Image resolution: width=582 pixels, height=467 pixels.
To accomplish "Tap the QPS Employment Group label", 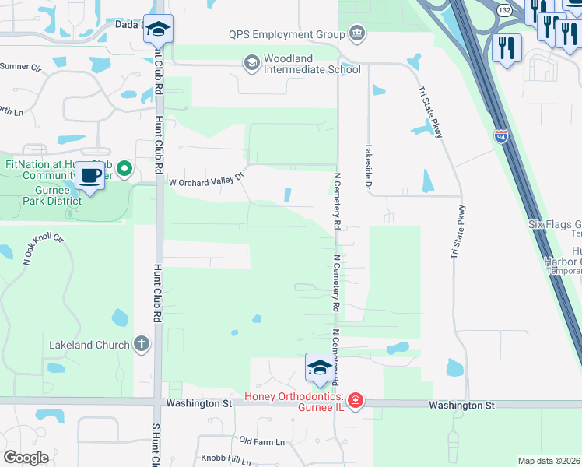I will coord(286,34).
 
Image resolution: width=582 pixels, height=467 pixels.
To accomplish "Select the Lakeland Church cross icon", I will coord(142,343).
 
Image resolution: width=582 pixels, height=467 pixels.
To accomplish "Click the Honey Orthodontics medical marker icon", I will coord(355,400).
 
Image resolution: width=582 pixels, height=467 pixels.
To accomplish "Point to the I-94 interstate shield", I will coord(500,137).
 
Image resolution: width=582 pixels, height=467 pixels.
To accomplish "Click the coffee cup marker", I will coord(90,175).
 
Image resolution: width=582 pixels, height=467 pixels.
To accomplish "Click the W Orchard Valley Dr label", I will coord(206,181).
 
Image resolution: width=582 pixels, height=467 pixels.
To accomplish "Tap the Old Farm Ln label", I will coord(262,441).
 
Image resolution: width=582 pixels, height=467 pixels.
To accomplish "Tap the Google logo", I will coord(26,458).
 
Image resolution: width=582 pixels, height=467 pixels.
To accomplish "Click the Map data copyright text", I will coord(548,461).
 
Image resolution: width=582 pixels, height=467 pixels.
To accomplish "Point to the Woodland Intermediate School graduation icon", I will coord(252,62).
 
